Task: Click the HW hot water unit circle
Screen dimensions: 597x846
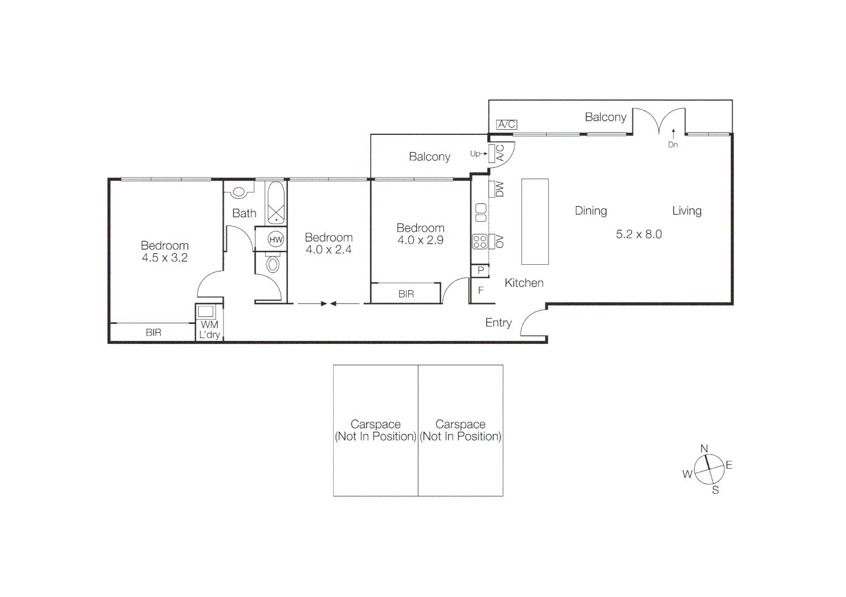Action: click(276, 239)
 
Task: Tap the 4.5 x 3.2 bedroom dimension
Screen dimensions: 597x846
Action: click(164, 258)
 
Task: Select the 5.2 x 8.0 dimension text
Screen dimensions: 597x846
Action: click(639, 234)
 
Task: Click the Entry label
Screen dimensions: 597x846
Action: click(498, 323)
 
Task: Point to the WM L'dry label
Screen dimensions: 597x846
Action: click(209, 329)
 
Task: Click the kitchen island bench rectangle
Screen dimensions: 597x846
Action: click(534, 221)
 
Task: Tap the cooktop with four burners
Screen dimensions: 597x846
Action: click(480, 242)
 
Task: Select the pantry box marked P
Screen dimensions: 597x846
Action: click(480, 271)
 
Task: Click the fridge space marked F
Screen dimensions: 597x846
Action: click(480, 290)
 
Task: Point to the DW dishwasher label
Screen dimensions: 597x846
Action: click(500, 190)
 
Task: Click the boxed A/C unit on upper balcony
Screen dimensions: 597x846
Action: click(506, 124)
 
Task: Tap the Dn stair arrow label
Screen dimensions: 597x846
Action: click(673, 145)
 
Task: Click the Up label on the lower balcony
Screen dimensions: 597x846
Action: click(475, 154)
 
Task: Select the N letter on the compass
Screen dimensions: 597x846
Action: click(704, 448)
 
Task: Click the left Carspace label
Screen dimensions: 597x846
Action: click(375, 430)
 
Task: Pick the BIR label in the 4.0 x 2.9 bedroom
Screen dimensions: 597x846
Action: click(406, 294)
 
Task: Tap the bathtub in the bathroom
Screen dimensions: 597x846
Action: click(276, 202)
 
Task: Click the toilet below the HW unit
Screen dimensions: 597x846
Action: click(273, 264)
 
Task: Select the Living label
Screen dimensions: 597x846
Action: click(687, 211)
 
